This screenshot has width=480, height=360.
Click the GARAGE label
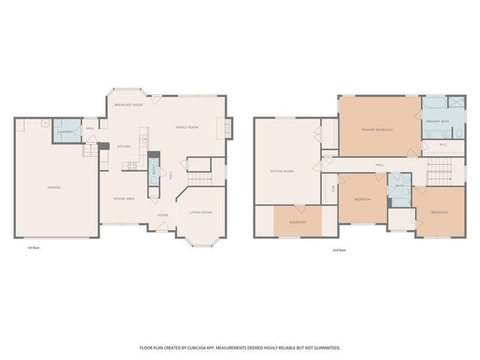pyautogui.click(x=54, y=187)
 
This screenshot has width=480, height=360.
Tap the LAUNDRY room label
pyautogui.click(x=64, y=132)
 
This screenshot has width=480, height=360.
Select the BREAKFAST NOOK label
pyautogui.click(x=128, y=105)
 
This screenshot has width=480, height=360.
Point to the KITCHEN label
pyautogui.click(x=124, y=145)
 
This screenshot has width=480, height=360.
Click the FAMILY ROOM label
pyautogui.click(x=187, y=127)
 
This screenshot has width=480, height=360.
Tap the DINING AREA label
pyautogui.click(x=124, y=198)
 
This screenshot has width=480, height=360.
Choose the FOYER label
pyautogui.click(x=162, y=214)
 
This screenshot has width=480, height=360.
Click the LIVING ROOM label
pyautogui.click(x=201, y=212)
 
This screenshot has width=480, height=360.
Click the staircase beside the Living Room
pyautogui.click(x=199, y=178)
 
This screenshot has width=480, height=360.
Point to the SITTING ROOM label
pyautogui.click(x=282, y=172)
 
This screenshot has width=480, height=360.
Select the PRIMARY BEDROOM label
pyautogui.click(x=377, y=130)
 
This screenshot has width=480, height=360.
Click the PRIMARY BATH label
pyautogui.click(x=438, y=121)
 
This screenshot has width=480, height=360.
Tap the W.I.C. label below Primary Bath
pyautogui.click(x=442, y=145)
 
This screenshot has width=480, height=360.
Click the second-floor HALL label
pyautogui.click(x=379, y=164)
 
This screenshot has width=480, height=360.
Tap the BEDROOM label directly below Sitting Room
pyautogui.click(x=298, y=222)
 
